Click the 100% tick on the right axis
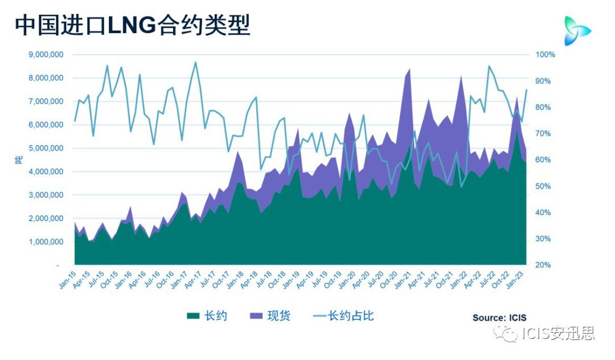click(545, 55)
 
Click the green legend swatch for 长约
click(193, 316)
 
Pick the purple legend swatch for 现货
click(256, 316)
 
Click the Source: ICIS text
click(499, 318)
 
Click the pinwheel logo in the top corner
click(576, 30)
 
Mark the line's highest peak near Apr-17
click(195, 62)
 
